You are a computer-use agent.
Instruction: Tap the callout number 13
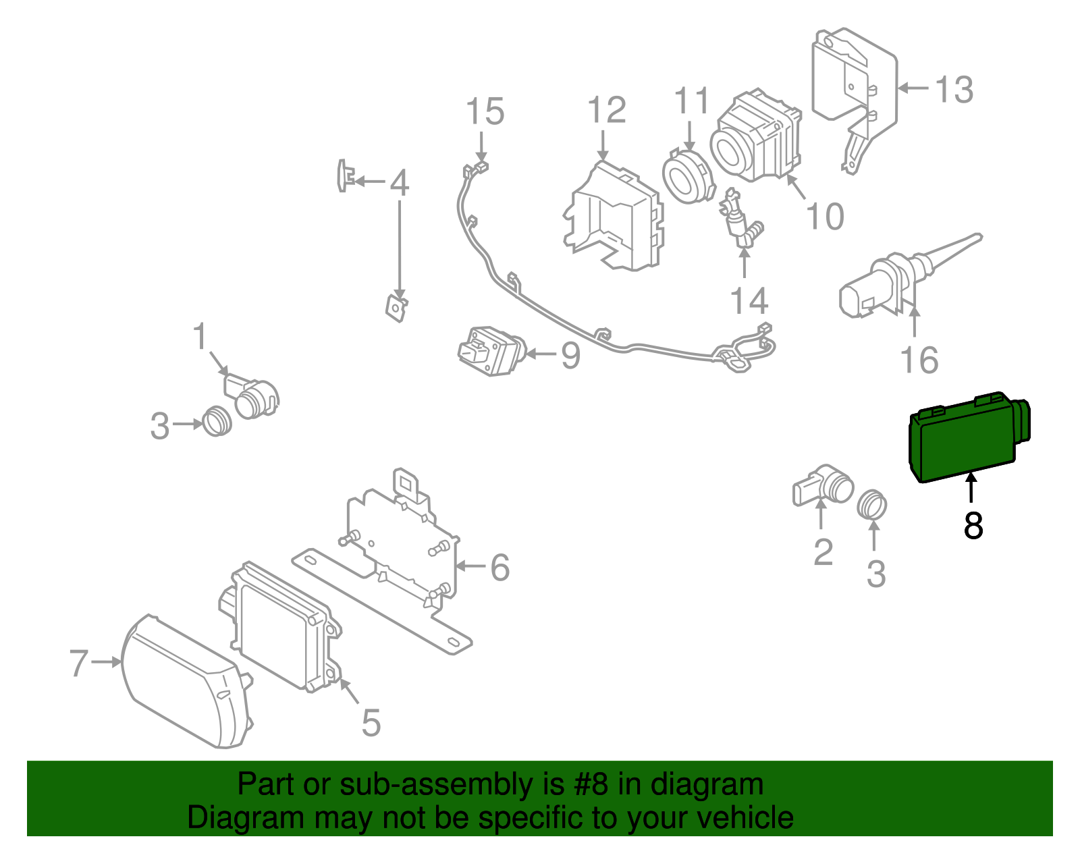click(954, 89)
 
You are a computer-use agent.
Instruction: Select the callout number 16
click(919, 360)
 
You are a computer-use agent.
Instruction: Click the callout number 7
click(79, 663)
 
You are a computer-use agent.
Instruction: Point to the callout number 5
click(371, 722)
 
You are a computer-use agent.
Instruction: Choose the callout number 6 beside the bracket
click(500, 567)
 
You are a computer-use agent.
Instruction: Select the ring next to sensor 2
click(872, 504)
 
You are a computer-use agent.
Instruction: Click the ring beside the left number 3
click(217, 422)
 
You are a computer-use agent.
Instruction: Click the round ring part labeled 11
click(688, 177)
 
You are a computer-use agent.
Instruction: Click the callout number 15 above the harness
click(485, 111)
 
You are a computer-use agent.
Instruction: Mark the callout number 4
click(400, 182)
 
